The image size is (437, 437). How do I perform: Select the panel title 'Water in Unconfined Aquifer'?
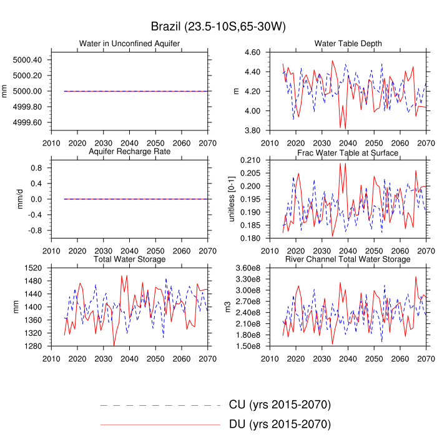129,44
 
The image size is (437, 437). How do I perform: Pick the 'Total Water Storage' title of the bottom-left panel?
129,259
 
